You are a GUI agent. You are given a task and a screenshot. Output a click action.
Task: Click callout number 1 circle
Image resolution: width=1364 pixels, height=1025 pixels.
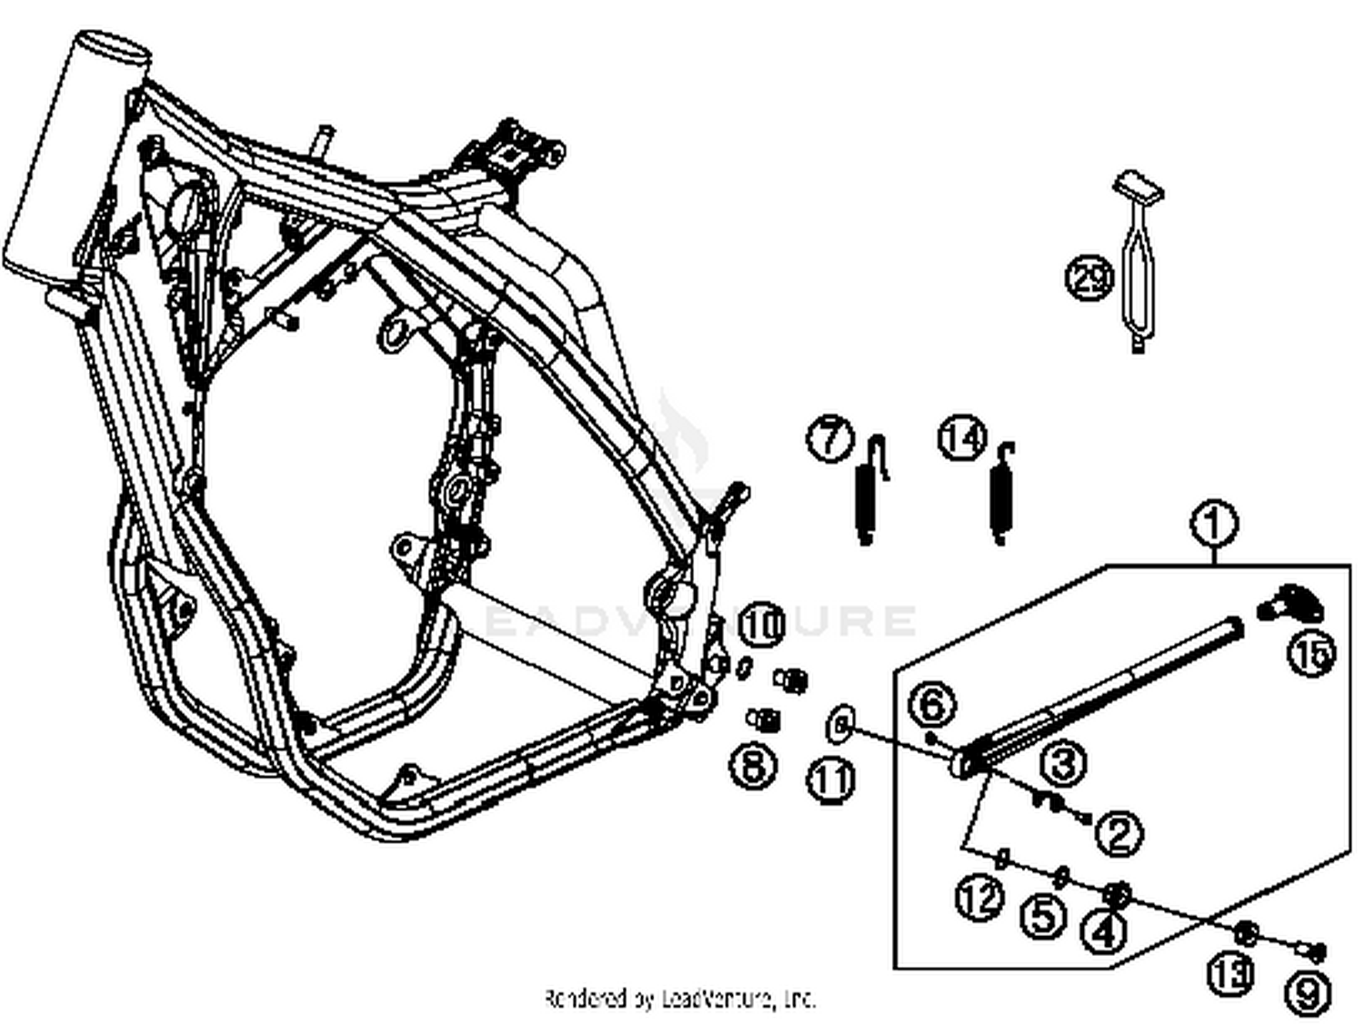click(x=1213, y=525)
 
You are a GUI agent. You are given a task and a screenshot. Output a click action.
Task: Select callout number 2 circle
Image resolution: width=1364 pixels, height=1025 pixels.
click(x=1118, y=832)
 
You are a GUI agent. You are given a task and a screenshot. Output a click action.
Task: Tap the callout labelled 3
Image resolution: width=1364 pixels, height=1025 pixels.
click(x=1063, y=763)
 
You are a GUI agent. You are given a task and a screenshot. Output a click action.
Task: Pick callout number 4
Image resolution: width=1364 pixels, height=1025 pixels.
click(x=1103, y=931)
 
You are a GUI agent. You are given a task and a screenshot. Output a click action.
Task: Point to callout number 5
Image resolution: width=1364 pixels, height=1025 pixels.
click(x=1043, y=915)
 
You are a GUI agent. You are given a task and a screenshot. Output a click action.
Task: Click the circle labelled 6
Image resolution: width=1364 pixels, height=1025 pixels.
click(x=933, y=704)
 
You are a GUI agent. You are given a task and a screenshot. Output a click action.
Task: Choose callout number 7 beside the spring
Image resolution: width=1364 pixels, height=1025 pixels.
click(x=829, y=439)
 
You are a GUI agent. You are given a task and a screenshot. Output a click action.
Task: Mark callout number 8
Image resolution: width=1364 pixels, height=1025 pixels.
click(x=754, y=766)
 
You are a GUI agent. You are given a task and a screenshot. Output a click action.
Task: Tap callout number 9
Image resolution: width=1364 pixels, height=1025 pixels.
click(x=1307, y=992)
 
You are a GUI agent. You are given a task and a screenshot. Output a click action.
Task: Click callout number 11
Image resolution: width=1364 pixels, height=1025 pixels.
click(x=831, y=780)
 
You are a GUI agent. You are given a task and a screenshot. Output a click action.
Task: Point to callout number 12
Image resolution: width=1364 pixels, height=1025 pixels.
click(x=979, y=899)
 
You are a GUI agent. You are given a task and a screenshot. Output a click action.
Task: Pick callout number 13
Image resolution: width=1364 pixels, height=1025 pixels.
click(x=1230, y=973)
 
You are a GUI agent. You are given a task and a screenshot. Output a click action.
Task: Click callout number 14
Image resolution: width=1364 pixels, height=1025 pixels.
click(x=962, y=437)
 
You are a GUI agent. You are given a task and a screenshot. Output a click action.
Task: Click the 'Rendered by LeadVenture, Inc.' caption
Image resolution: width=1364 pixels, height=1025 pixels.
click(x=680, y=999)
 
